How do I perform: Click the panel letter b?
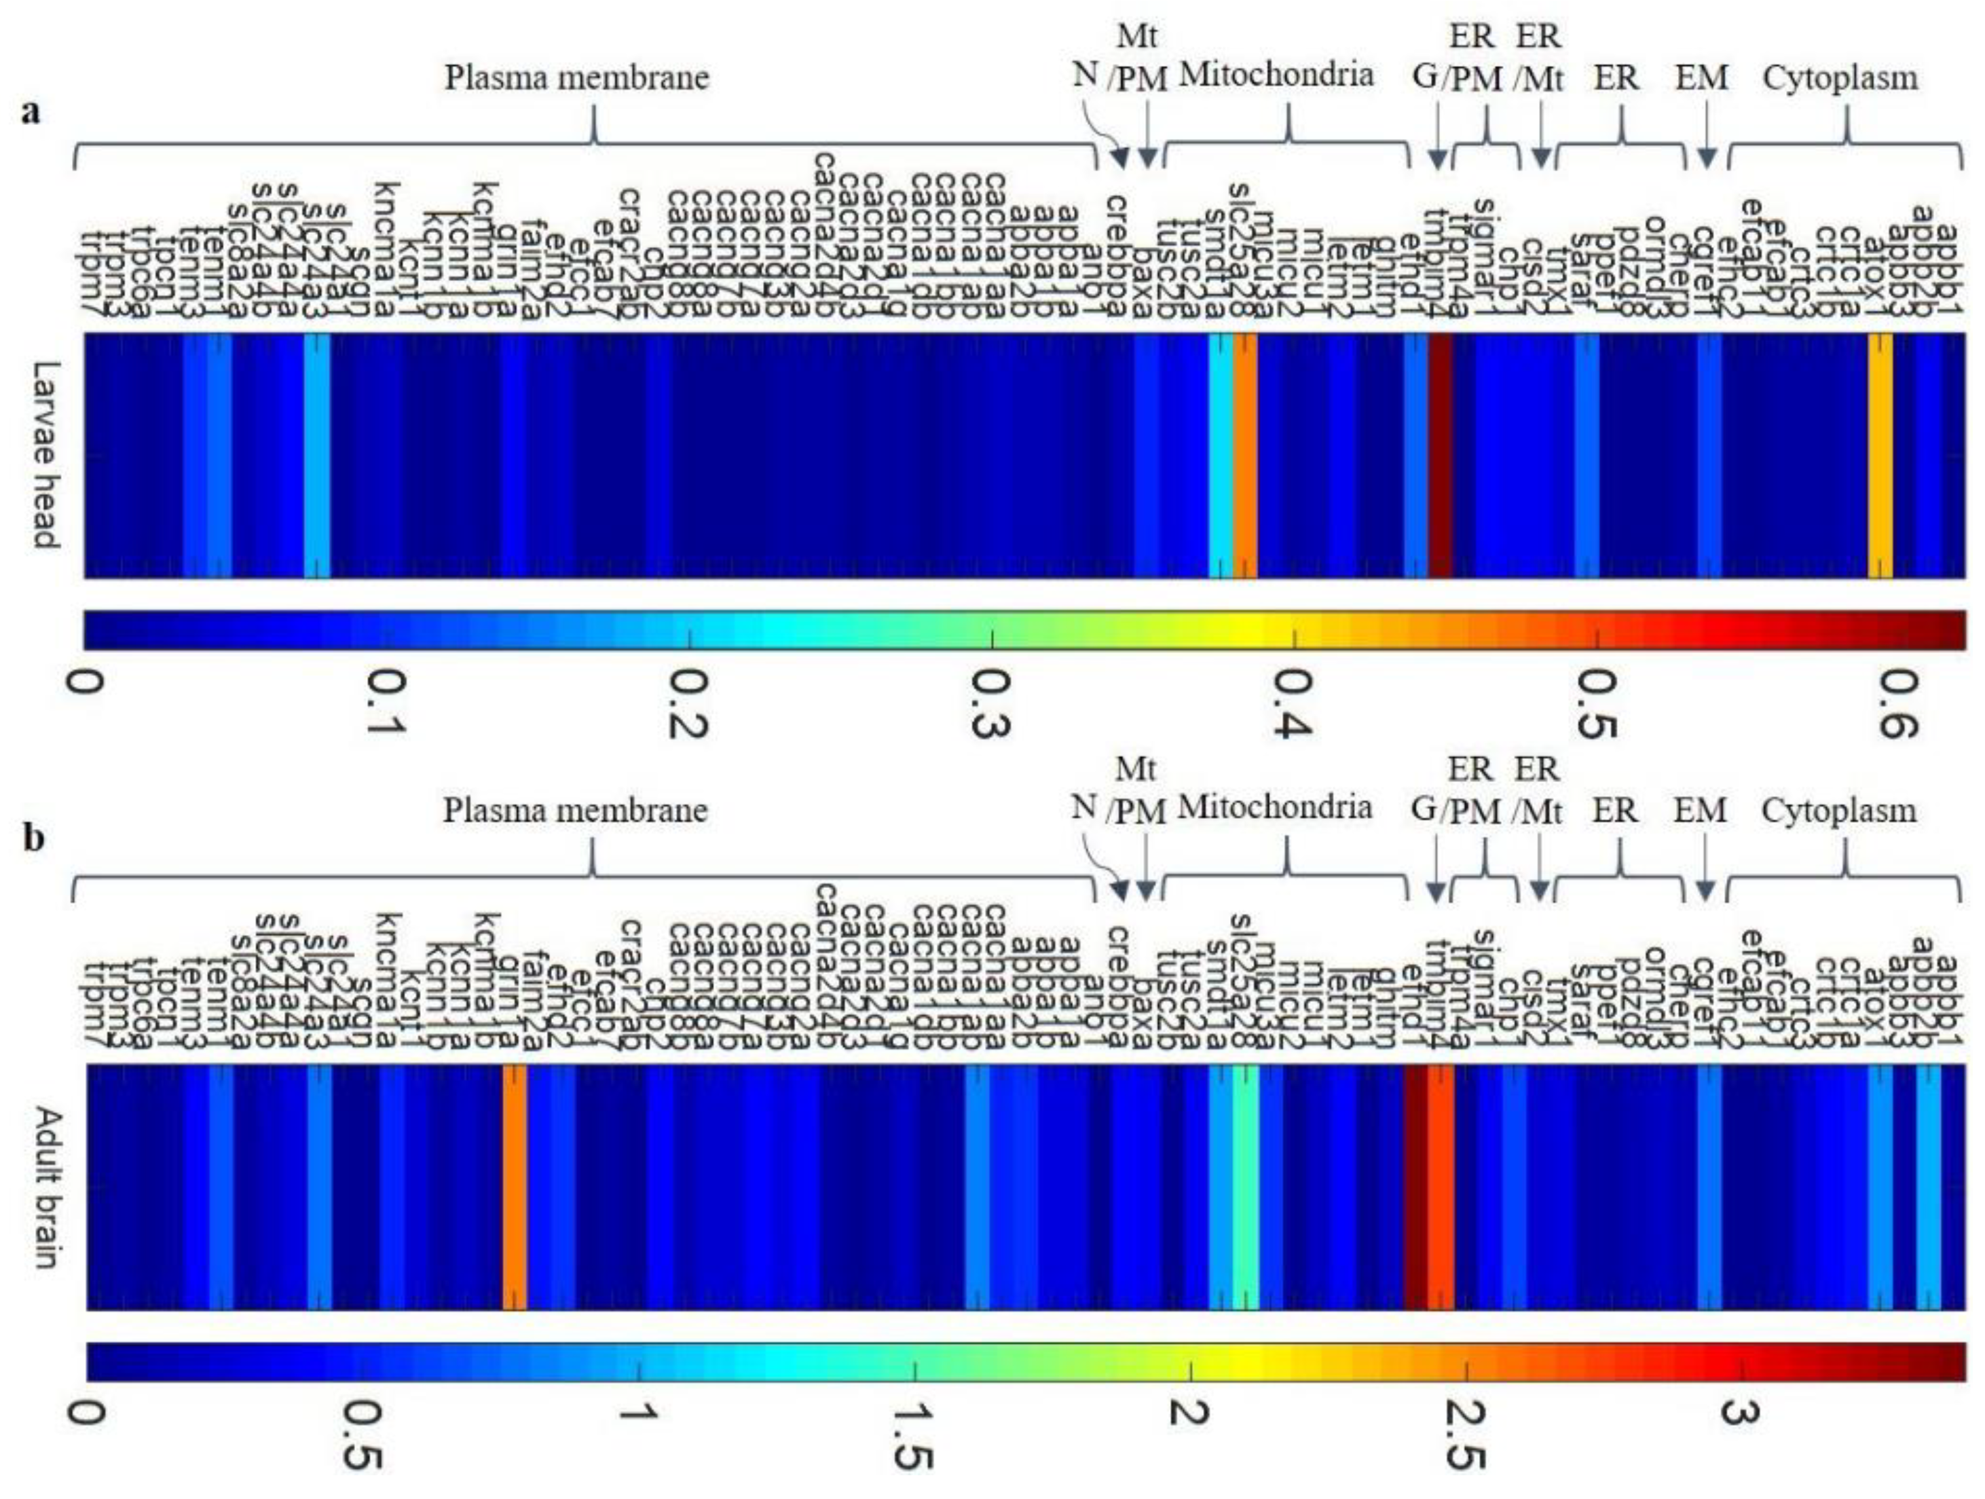click(x=33, y=841)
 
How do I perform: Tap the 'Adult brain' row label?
click(x=45, y=1187)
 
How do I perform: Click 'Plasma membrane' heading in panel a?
click(x=577, y=78)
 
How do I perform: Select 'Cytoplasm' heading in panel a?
click(x=1840, y=78)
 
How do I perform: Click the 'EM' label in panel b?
click(x=1701, y=811)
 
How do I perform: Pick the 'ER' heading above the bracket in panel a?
click(x=1616, y=78)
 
